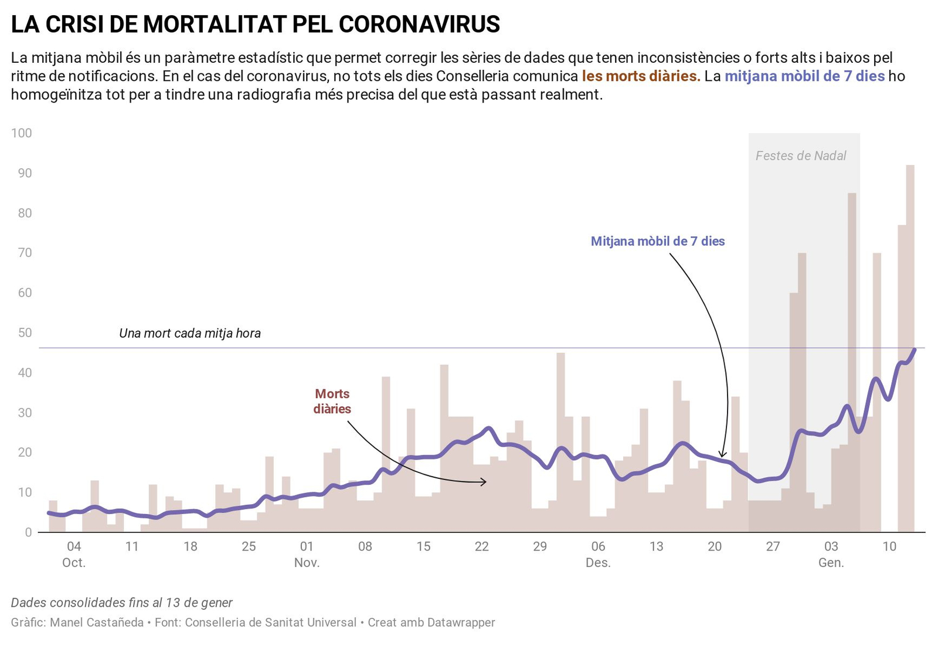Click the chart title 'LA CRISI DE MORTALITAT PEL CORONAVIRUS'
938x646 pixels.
coord(255,25)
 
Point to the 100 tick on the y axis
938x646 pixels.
coord(22,133)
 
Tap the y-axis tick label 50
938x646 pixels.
coord(25,333)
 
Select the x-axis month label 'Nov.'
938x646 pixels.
coord(307,563)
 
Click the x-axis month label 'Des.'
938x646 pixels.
coord(598,563)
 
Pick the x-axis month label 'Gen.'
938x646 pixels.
coord(831,563)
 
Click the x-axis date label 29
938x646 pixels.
coord(539,546)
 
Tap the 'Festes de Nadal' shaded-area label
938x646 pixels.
coord(800,156)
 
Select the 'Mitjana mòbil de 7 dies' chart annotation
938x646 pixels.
coord(657,242)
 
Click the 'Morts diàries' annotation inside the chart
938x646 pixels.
coord(332,402)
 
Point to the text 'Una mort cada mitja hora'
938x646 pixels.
coord(190,334)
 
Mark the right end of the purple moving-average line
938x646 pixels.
coord(915,349)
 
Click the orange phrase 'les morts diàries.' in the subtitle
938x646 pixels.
coord(641,76)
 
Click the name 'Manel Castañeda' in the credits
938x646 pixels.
coord(97,623)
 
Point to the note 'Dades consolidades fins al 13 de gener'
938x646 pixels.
coord(122,603)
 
